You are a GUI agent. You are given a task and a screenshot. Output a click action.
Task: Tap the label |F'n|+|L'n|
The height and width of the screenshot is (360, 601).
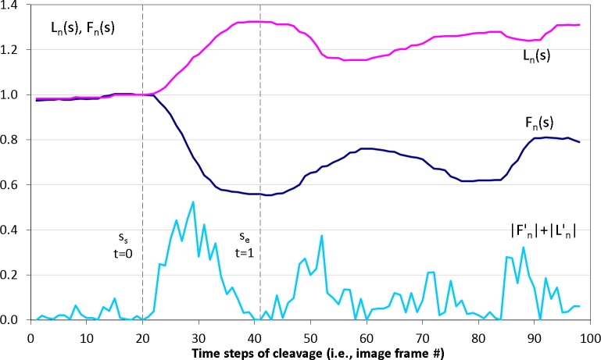541,232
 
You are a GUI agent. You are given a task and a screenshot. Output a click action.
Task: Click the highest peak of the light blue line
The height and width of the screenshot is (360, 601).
192,202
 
